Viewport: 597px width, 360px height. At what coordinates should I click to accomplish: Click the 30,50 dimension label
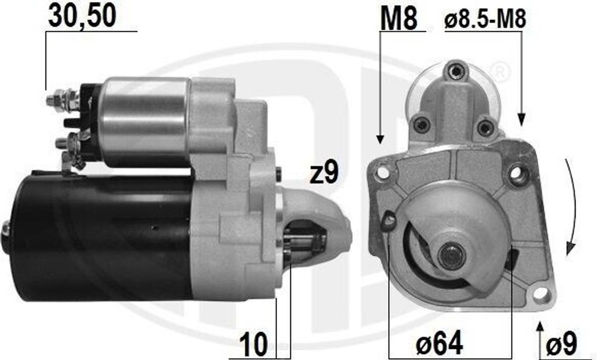click(x=82, y=16)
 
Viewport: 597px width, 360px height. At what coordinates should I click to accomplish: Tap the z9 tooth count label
click(x=324, y=173)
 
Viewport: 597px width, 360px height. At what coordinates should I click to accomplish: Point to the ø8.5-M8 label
click(x=485, y=19)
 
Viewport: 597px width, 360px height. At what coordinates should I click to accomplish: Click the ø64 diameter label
click(x=439, y=343)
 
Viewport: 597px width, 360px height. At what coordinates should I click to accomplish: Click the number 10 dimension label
click(x=254, y=344)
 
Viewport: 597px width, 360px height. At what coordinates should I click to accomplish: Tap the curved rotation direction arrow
click(x=571, y=207)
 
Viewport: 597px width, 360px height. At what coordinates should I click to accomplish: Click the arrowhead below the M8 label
click(x=380, y=139)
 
